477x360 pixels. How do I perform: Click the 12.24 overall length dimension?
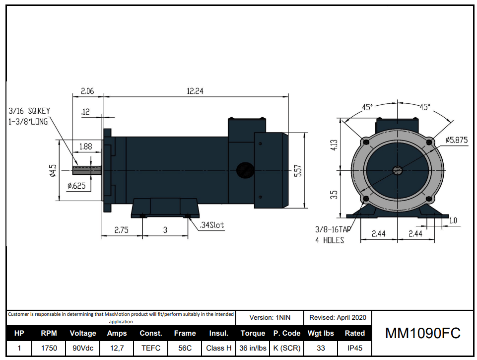coord(195,91)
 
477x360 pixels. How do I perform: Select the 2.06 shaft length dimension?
coord(87,91)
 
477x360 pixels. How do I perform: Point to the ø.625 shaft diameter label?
coord(76,186)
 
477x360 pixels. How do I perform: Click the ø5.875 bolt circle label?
coord(456,140)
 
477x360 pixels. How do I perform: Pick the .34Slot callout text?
coord(212,225)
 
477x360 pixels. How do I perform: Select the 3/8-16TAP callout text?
coord(333,230)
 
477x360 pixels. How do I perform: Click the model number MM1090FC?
coord(423,333)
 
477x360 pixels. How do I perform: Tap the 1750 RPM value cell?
coord(49,348)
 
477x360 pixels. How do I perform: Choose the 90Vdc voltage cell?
coord(83,348)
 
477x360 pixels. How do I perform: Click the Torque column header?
coord(253,333)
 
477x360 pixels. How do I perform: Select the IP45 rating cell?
coord(354,348)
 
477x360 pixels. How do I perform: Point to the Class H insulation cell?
coord(218,348)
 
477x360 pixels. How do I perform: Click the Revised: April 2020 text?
coord(338,317)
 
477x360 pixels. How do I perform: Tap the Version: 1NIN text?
coord(270,317)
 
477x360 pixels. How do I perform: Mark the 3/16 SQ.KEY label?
coord(29,111)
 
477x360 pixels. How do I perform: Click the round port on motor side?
coord(244,170)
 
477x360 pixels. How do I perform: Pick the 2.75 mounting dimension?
coord(122,230)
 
